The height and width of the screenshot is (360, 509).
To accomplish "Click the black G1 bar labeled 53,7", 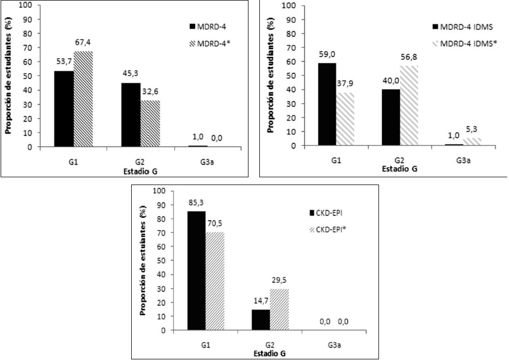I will (63, 108).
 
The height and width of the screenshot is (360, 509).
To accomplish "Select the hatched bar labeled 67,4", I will (83, 99).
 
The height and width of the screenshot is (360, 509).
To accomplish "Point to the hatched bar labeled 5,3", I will (472, 141).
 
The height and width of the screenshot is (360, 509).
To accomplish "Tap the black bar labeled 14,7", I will (260, 319).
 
